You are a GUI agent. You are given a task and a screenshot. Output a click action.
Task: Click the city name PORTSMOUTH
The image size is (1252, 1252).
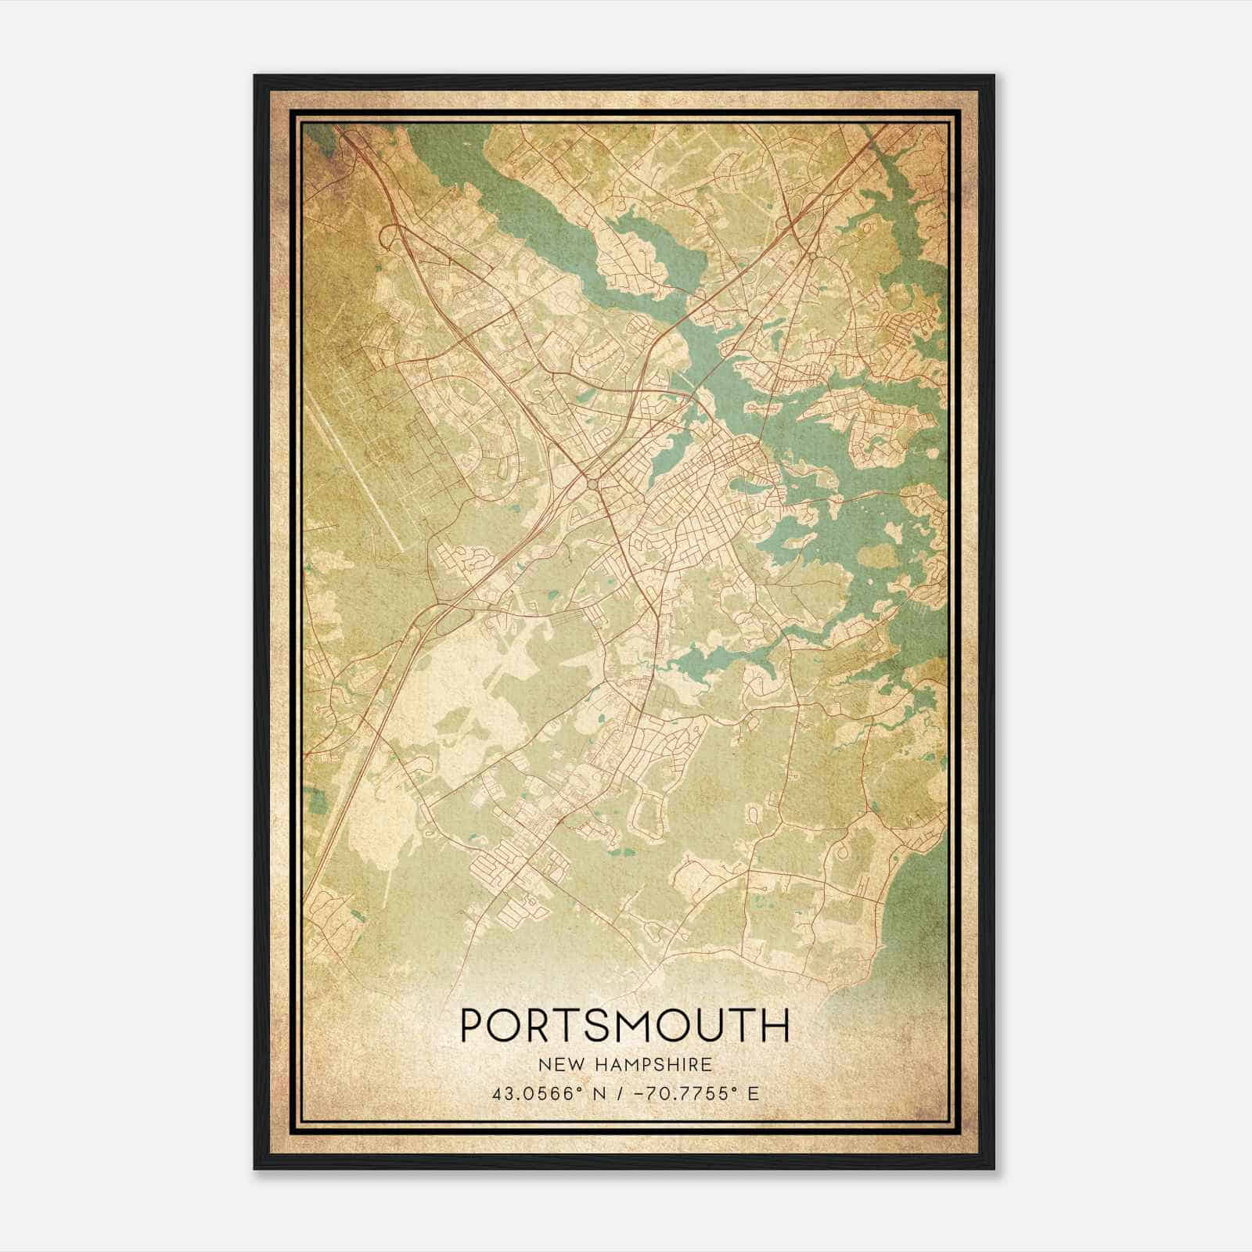click(x=624, y=1024)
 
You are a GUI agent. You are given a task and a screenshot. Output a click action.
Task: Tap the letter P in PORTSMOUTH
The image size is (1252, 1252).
click(x=474, y=1025)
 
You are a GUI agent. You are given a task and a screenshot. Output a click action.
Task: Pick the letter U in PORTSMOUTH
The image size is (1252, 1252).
click(x=720, y=1025)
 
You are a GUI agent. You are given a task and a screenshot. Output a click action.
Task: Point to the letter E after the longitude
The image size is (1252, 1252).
click(x=753, y=1092)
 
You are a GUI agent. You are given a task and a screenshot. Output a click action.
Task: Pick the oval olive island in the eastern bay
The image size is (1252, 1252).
click(x=878, y=556)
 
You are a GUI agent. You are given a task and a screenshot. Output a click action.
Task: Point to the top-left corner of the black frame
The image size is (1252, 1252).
click(x=255, y=76)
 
